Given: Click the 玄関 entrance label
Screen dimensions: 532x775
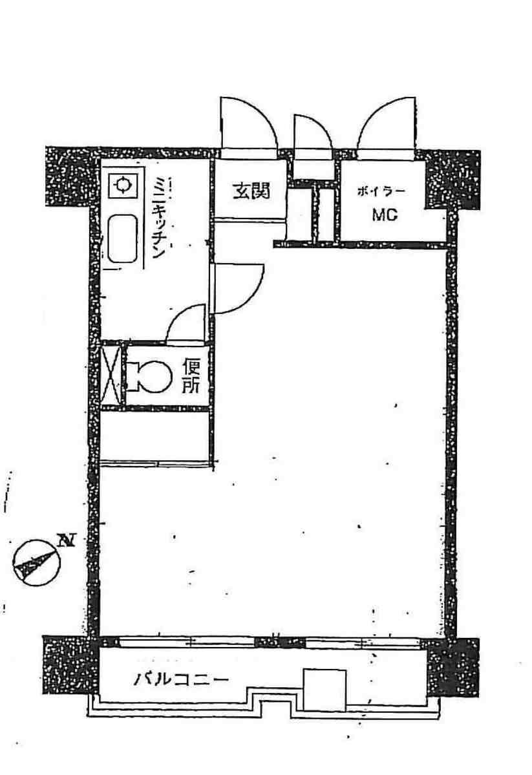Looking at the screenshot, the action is (251, 191).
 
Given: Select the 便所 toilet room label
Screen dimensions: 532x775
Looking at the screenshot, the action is (191, 377).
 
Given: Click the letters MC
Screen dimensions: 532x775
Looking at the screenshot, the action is (385, 215).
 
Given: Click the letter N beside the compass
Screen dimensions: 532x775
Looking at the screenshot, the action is (66, 540).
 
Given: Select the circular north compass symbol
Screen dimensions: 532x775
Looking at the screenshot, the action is (36, 562).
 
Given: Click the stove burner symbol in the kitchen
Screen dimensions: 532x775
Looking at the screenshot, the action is (122, 186).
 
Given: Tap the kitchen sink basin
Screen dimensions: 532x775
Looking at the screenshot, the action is (122, 239).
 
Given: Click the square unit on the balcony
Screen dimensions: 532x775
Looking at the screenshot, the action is (325, 690).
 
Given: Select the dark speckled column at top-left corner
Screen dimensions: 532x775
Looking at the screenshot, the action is (69, 176).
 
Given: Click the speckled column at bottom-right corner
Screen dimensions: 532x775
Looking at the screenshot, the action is (453, 667).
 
